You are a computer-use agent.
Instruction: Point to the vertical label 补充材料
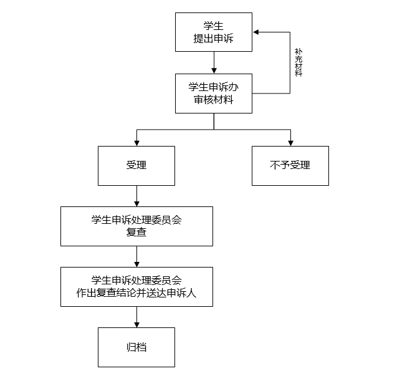click(x=298, y=62)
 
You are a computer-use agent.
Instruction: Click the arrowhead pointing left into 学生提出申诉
click(x=256, y=32)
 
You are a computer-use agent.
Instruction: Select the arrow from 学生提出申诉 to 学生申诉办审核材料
click(x=214, y=62)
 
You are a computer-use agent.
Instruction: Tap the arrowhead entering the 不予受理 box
click(x=290, y=143)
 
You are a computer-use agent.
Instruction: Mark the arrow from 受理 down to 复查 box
click(x=136, y=196)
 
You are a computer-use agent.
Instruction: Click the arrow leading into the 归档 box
click(x=136, y=317)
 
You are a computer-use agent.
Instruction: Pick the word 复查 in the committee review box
click(x=136, y=232)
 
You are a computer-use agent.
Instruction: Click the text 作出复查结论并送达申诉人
click(x=136, y=292)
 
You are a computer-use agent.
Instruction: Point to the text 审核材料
click(x=214, y=100)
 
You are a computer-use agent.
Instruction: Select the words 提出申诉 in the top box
click(x=214, y=39)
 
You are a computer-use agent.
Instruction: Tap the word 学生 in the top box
click(x=214, y=26)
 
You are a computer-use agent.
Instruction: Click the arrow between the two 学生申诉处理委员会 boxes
click(x=136, y=256)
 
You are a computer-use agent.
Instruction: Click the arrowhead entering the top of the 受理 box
click(x=136, y=143)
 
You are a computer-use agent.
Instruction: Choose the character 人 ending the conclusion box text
click(x=191, y=292)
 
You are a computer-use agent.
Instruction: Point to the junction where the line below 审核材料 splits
click(x=214, y=130)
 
